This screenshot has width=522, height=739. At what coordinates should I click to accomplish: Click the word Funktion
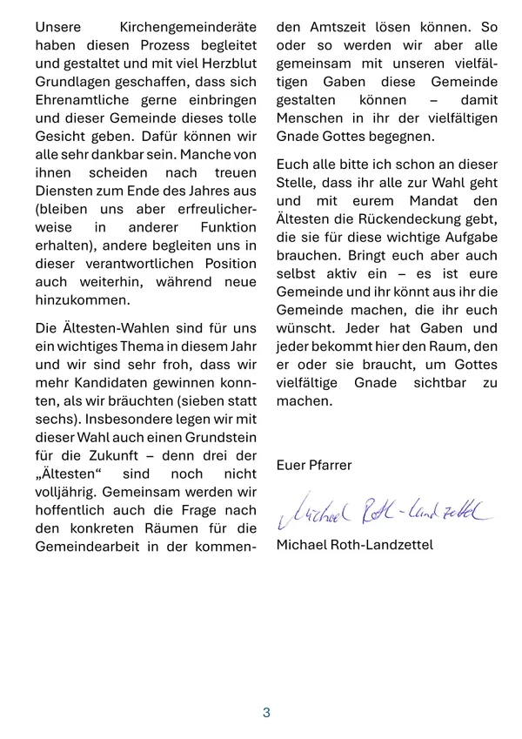pyautogui.click(x=226, y=227)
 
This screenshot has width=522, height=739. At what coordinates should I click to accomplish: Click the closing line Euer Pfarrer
pyautogui.click(x=314, y=465)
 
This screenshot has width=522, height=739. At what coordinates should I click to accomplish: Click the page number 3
pyautogui.click(x=266, y=712)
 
